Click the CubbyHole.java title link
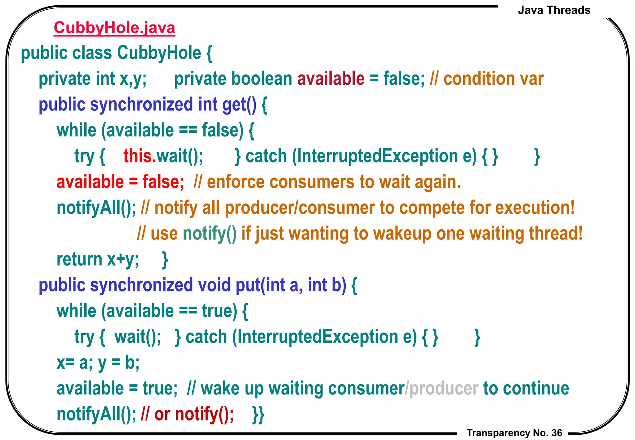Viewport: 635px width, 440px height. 114,28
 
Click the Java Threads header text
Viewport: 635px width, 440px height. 554,10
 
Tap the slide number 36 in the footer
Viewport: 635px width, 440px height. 557,433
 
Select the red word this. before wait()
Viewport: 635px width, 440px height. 140,156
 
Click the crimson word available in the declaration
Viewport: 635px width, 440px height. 331,79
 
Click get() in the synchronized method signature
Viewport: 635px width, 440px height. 239,105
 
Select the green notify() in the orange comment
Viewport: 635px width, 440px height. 210,234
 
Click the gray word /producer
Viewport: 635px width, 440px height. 442,388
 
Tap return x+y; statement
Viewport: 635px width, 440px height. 98,259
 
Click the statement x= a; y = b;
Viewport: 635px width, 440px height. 98,362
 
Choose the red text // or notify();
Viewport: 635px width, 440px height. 187,414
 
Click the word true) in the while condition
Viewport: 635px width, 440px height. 220,311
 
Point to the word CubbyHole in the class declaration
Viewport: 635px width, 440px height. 159,53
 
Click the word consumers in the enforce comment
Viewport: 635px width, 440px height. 312,182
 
